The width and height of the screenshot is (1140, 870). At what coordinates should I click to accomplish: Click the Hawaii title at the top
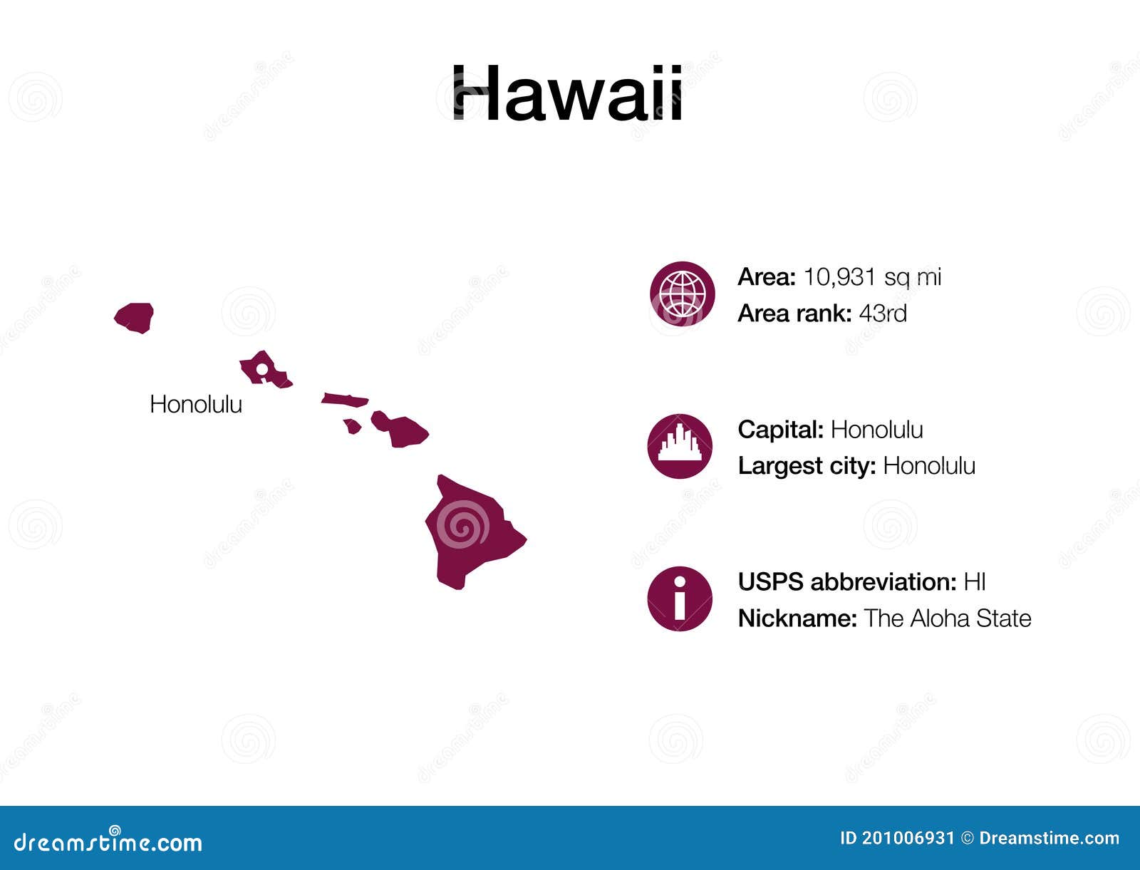(x=568, y=94)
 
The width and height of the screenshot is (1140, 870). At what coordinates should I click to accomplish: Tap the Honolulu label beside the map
(x=196, y=405)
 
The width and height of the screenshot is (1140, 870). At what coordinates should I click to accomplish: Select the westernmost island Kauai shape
(x=135, y=317)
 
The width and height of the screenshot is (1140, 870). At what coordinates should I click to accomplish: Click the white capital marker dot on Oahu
(x=261, y=369)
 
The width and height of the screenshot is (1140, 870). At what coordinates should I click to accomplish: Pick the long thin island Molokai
(x=345, y=400)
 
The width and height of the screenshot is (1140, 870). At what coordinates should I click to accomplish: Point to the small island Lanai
(x=352, y=426)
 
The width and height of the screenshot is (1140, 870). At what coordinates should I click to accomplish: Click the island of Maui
(x=403, y=429)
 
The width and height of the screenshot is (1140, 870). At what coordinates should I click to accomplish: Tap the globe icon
(x=682, y=294)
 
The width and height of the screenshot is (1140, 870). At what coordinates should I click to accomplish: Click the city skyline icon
(x=680, y=446)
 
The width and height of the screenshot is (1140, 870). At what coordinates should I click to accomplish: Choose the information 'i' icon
(x=680, y=599)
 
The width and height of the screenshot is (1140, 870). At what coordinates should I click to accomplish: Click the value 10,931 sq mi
(x=872, y=277)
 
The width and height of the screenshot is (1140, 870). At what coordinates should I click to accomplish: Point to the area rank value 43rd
(x=883, y=314)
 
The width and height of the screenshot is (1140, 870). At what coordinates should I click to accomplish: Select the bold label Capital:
(x=780, y=430)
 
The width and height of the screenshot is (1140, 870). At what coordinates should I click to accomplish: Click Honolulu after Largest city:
(x=929, y=466)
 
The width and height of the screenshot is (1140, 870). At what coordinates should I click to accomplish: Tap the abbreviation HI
(x=974, y=582)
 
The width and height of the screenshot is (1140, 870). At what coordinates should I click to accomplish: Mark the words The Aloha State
(x=948, y=618)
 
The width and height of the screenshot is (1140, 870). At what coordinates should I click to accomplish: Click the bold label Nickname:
(x=797, y=618)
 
